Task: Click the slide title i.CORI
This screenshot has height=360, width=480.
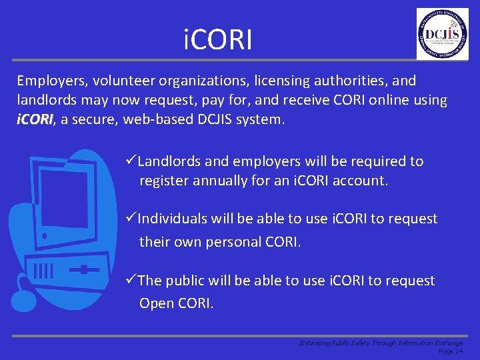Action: click(219, 40)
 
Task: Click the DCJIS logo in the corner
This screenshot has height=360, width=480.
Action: click(442, 34)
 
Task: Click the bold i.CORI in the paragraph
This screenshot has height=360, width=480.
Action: click(35, 121)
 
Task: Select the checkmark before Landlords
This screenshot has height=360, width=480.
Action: click(131, 161)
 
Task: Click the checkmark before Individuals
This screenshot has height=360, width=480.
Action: click(131, 219)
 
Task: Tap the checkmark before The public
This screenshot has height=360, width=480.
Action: click(131, 281)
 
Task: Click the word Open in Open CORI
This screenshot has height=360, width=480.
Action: click(156, 303)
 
